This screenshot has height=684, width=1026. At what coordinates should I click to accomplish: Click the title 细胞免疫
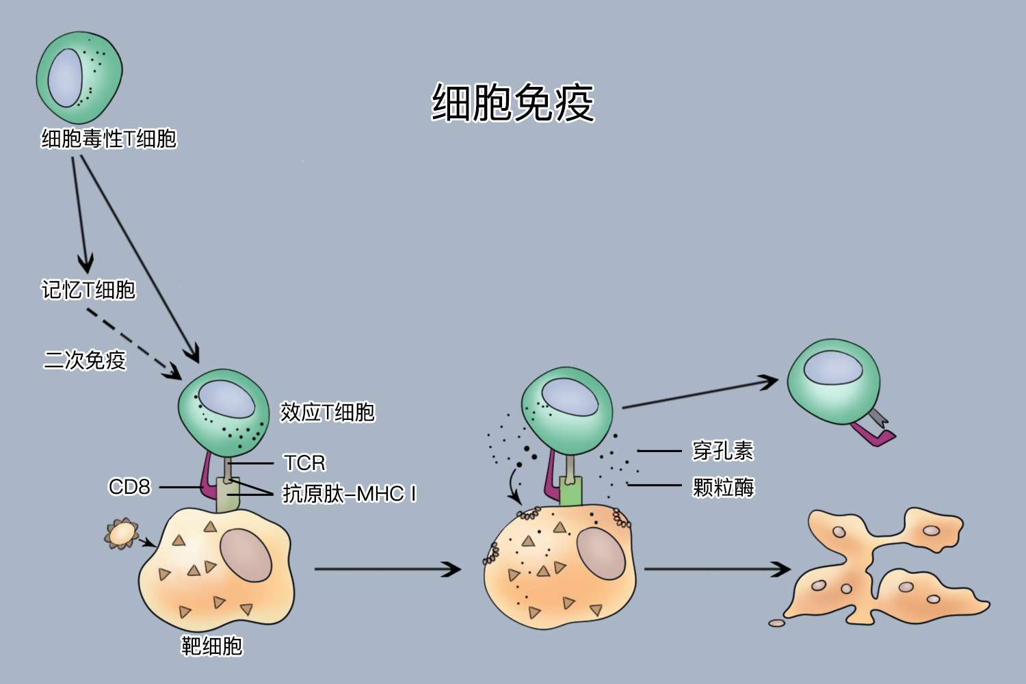pyautogui.click(x=513, y=103)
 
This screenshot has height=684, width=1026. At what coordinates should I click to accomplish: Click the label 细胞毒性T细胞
pyautogui.click(x=109, y=139)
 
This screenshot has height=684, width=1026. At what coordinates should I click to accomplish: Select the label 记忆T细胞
pyautogui.click(x=88, y=290)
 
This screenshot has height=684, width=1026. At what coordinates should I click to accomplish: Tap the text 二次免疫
pyautogui.click(x=85, y=360)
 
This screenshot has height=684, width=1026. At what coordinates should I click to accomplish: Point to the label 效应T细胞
pyautogui.click(x=328, y=412)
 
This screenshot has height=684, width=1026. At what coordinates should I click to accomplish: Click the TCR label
pyautogui.click(x=304, y=463)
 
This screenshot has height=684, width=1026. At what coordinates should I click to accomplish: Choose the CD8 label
pyautogui.click(x=129, y=487)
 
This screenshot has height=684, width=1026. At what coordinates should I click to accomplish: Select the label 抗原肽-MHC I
pyautogui.click(x=350, y=494)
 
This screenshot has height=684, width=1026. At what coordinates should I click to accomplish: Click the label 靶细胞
pyautogui.click(x=211, y=646)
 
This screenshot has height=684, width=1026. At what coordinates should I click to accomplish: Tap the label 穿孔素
pyautogui.click(x=723, y=451)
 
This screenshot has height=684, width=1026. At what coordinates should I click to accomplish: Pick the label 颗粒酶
pyautogui.click(x=723, y=488)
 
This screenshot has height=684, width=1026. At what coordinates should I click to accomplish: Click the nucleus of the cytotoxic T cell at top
pyautogui.click(x=66, y=77)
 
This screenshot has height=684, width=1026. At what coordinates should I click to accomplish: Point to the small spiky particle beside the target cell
pyautogui.click(x=122, y=534)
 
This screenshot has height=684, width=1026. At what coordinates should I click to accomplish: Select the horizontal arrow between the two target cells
pyautogui.click(x=386, y=569)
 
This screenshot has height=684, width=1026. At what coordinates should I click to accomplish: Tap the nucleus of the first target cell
pyautogui.click(x=246, y=555)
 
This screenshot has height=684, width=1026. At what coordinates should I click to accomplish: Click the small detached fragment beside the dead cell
pyautogui.click(x=776, y=623)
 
